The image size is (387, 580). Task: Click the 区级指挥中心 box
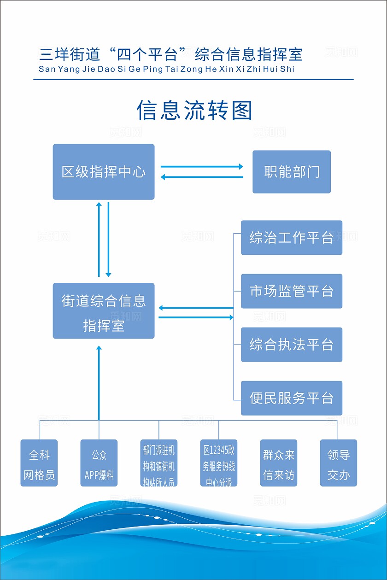pyautogui.click(x=103, y=172)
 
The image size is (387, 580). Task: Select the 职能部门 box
pyautogui.click(x=292, y=172)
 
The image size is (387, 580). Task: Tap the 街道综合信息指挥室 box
pyautogui.click(x=103, y=311)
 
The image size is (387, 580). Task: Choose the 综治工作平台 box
pyautogui.click(x=292, y=238)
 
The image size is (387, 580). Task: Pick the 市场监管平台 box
pyautogui.click(x=292, y=291)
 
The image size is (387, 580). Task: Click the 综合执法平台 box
pyautogui.click(x=292, y=345)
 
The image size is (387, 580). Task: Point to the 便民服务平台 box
pyautogui.click(x=292, y=398)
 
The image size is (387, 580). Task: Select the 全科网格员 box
pyautogui.click(x=39, y=463)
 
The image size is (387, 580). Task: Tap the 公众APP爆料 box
pyautogui.click(x=99, y=463)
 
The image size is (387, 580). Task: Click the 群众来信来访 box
pyautogui.click(x=279, y=463)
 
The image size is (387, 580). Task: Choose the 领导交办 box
pyautogui.click(x=339, y=463)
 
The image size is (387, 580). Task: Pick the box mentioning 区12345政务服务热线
pyautogui.click(x=219, y=463)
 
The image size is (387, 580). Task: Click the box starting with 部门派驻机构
pyautogui.click(x=159, y=463)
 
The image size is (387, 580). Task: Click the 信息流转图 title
pyautogui.click(x=194, y=111)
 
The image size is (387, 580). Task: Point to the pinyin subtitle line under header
pyautogui.click(x=166, y=69)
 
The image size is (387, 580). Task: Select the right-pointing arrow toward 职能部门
pyautogui.click(x=202, y=167)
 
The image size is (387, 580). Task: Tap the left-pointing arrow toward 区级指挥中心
pyautogui.click(x=202, y=177)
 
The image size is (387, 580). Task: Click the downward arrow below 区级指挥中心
pyautogui.click(x=108, y=240)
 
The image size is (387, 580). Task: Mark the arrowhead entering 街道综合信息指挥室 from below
pyautogui.click(x=99, y=348)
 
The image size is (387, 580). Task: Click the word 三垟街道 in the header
pyautogui.click(x=70, y=54)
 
